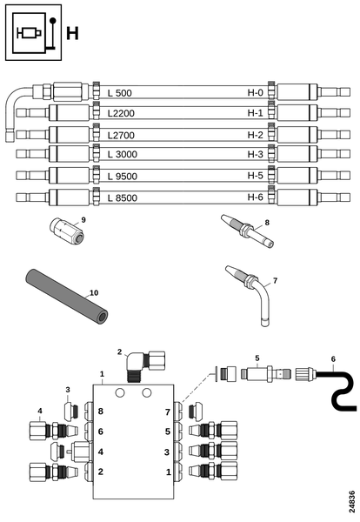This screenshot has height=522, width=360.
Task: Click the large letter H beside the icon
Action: tap(72, 34)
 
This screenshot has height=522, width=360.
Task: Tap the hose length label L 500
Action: tap(120, 93)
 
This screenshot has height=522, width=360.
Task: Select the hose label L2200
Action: tap(121, 113)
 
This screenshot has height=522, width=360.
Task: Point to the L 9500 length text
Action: tap(123, 176)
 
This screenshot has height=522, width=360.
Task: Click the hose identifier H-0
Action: tap(255, 92)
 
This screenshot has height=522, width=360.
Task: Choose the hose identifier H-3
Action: tap(255, 154)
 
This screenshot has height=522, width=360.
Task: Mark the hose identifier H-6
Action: tap(255, 197)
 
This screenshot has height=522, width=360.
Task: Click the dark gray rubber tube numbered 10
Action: tap(67, 297)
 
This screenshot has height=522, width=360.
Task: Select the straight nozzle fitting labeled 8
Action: tap(248, 231)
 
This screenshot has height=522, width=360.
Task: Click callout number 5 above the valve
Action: tap(257, 358)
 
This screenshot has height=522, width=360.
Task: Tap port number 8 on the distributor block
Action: tap(101, 412)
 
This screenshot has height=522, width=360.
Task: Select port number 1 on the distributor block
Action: tap(169, 472)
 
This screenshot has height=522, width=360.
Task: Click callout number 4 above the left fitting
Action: tap(40, 411)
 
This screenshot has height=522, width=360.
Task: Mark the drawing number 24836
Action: tap(351, 502)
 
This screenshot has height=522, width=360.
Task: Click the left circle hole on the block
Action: tap(120, 393)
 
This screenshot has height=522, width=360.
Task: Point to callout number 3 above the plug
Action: tap(68, 390)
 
